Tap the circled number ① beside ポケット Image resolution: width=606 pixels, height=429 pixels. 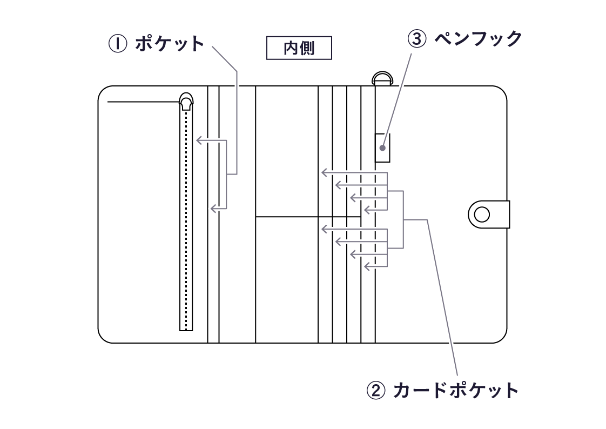tap(117, 44)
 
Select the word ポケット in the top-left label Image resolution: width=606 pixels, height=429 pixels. tap(170, 44)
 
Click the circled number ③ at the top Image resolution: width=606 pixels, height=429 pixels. tap(417, 39)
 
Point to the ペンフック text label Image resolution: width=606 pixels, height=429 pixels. tap(479, 39)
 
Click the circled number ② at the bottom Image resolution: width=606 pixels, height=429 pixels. tap(376, 390)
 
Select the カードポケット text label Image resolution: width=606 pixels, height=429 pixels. tap(456, 390)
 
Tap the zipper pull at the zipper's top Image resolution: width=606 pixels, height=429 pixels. tap(186, 102)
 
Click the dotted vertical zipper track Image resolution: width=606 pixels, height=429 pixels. tap(186, 216)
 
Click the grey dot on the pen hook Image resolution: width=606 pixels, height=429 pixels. tap(382, 148)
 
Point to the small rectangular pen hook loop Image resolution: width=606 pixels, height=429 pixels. tap(383, 147)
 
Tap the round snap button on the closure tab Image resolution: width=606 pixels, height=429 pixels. tap(482, 215)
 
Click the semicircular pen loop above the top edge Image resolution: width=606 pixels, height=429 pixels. tap(382, 78)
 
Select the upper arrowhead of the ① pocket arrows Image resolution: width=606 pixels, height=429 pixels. tap(199, 141)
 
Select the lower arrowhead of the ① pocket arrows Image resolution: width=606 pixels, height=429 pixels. tap(213, 208)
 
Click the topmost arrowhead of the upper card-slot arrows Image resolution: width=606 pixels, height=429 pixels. tap(324, 173)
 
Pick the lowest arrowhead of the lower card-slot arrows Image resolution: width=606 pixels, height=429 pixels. tap(367, 266)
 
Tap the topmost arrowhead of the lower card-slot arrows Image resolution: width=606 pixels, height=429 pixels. tap(324, 229)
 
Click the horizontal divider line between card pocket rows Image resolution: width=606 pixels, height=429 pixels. tap(308, 217)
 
